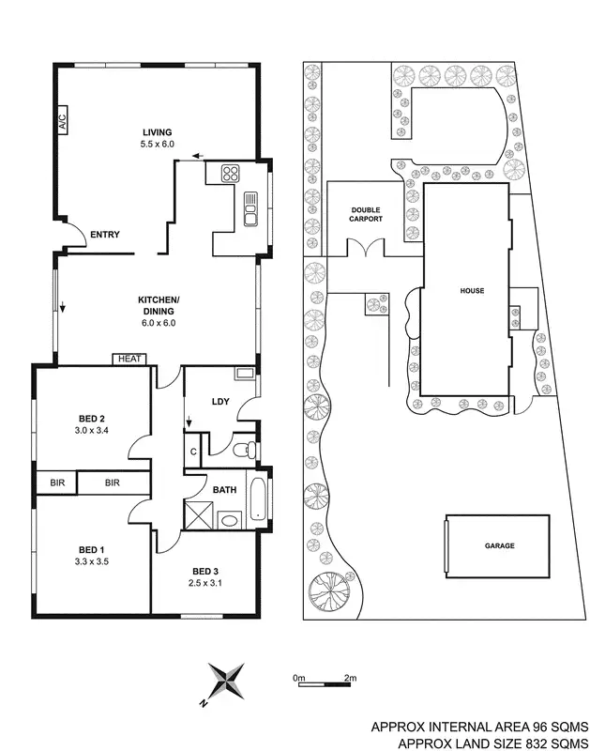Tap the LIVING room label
[159, 132]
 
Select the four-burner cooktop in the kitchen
[231, 174]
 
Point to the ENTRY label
[104, 235]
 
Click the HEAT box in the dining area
[128, 358]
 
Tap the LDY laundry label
[221, 402]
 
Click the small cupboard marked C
[192, 451]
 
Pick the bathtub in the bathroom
[258, 498]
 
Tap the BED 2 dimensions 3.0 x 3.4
[91, 431]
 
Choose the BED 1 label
[88, 548]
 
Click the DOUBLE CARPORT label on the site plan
[367, 214]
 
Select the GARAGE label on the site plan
[500, 545]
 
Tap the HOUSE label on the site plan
[472, 291]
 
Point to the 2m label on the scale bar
[350, 677]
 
